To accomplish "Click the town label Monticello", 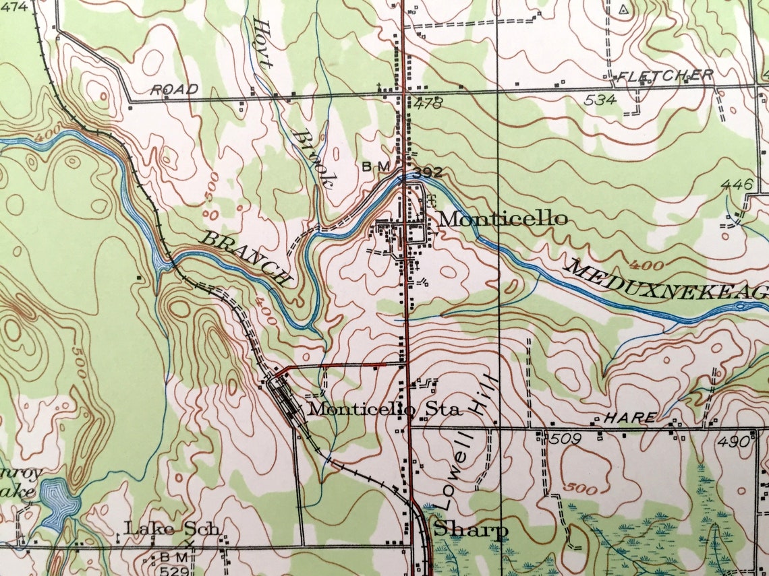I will [503, 218].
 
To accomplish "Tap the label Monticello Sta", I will [384, 408].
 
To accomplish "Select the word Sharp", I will [470, 530].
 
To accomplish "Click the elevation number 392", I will [427, 173].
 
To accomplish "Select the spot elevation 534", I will [600, 100].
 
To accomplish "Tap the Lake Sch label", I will [171, 529].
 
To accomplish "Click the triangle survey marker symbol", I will [623, 9].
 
